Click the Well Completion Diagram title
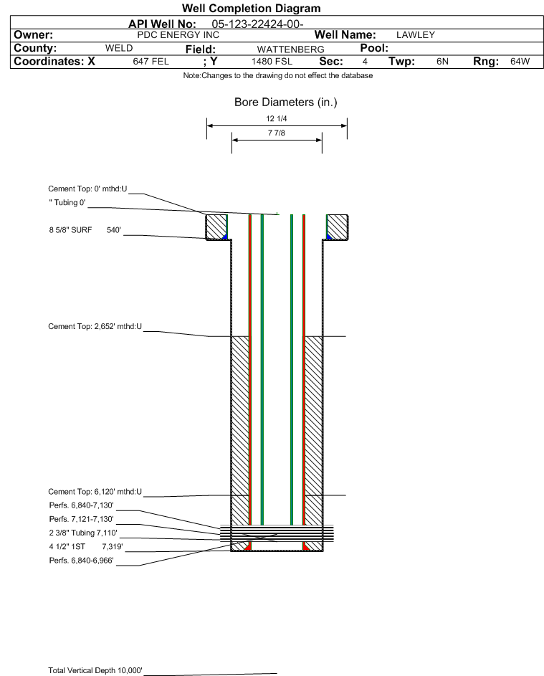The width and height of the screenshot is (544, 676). [x=252, y=8]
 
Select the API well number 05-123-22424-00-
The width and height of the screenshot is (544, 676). [x=258, y=24]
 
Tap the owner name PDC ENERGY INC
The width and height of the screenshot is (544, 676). [x=178, y=35]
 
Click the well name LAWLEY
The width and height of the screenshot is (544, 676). [x=416, y=35]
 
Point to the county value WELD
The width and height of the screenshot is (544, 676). [x=119, y=48]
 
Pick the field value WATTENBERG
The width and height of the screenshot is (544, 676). [x=290, y=49]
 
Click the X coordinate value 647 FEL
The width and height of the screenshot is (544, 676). [x=151, y=62]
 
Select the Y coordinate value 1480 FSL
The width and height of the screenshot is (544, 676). [x=272, y=62]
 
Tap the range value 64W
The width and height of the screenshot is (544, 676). [x=520, y=62]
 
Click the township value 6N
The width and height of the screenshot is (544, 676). [x=443, y=62]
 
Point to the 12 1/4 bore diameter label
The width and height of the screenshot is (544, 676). [x=277, y=118]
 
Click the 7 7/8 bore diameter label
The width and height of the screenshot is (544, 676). [x=277, y=133]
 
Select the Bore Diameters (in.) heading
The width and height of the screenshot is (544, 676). [x=286, y=103]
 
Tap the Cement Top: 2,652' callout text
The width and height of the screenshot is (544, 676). [x=95, y=326]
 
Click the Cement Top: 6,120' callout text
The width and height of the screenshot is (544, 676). [x=95, y=492]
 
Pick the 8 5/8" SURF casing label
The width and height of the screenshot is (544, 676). [x=70, y=230]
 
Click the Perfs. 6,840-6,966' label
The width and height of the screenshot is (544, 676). [x=82, y=561]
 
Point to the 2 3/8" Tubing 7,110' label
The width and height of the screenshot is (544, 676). [x=82, y=533]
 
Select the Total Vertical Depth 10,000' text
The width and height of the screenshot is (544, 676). [x=95, y=670]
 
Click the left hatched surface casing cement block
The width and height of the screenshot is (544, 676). [x=216, y=227]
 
